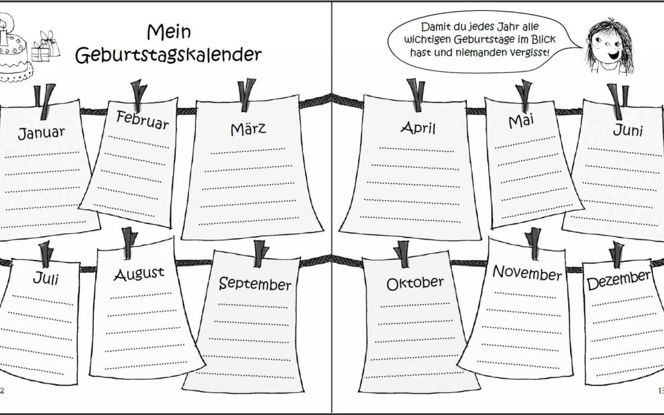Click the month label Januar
pyautogui.click(x=41, y=133)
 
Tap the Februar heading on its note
pyautogui.click(x=142, y=120)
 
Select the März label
pyautogui.click(x=248, y=128)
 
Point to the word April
pyautogui.click(x=418, y=127)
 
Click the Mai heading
pyautogui.click(x=521, y=121)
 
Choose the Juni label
pyautogui.click(x=628, y=130)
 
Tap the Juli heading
pyautogui.click(x=45, y=279)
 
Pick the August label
pyautogui.click(x=139, y=274)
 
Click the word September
pyautogui.click(x=255, y=283)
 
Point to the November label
pyautogui.click(x=528, y=273)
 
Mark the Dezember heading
pyautogui.click(x=619, y=280)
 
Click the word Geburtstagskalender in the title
pyautogui.click(x=168, y=55)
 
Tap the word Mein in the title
pyautogui.click(x=169, y=32)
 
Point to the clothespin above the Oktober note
pyautogui.click(x=402, y=254)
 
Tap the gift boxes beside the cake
pyautogui.click(x=45, y=47)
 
